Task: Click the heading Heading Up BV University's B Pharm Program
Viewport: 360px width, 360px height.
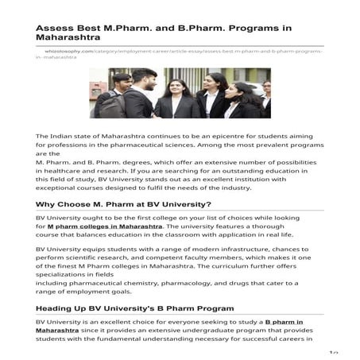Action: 134,307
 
